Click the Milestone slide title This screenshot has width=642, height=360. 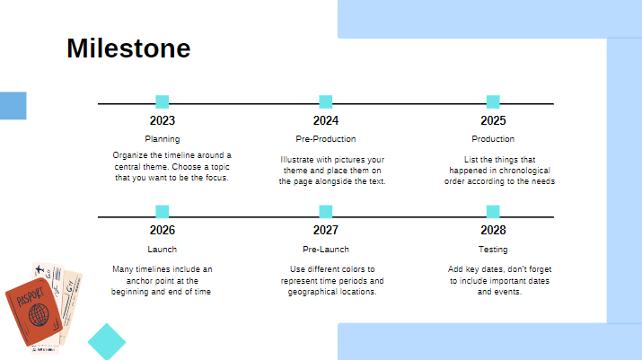128,48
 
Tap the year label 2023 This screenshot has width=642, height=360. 163,121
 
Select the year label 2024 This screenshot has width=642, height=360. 326,121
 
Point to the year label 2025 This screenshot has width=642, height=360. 493,121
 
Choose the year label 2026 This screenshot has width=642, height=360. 163,230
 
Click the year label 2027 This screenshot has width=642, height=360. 326,230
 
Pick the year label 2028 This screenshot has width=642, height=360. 493,230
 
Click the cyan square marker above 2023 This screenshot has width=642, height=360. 163,101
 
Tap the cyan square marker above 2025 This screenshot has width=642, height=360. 493,101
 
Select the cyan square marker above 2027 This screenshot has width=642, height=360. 326,211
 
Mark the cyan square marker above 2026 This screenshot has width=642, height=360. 163,211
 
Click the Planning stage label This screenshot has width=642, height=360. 163,139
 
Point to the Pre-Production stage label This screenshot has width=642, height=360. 326,139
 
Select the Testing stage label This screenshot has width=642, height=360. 493,250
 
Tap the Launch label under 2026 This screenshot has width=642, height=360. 163,250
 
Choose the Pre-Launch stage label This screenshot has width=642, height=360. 326,250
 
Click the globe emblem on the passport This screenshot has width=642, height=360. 38,314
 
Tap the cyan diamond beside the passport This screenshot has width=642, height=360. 107,342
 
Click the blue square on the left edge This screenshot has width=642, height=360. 13,105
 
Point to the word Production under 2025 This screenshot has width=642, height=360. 493,139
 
